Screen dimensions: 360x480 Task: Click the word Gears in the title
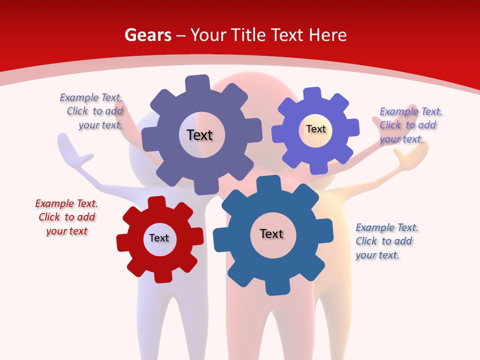pyautogui.click(x=147, y=35)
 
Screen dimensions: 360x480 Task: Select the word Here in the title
pyautogui.click(x=327, y=35)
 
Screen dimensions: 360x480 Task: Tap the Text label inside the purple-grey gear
pyautogui.click(x=200, y=135)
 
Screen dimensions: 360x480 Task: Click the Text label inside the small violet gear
pyautogui.click(x=316, y=129)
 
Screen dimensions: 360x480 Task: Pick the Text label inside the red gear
pyautogui.click(x=159, y=238)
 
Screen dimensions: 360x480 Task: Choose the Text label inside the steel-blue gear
pyautogui.click(x=271, y=233)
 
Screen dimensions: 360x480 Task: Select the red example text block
pyautogui.click(x=66, y=217)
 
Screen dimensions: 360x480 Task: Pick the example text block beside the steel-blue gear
pyautogui.click(x=386, y=241)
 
